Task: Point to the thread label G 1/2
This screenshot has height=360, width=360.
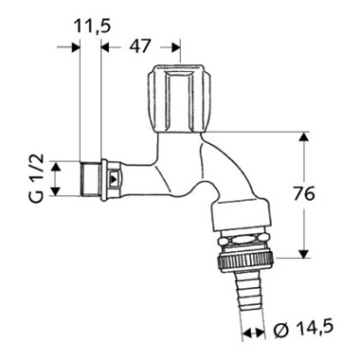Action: [x=35, y=179]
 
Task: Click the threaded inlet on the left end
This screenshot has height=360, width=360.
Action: [x=93, y=177]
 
